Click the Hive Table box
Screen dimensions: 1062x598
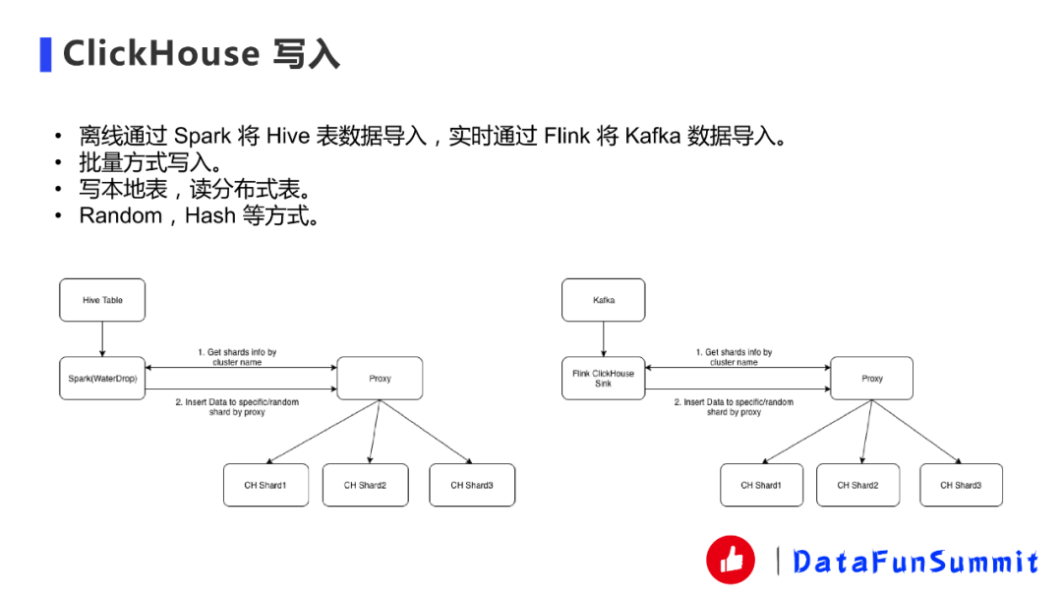pyautogui.click(x=102, y=300)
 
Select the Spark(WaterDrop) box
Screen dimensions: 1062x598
pyautogui.click(x=101, y=379)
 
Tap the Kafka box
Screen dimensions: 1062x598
pyautogui.click(x=604, y=300)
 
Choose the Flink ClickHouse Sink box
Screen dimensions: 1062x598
pyautogui.click(x=603, y=379)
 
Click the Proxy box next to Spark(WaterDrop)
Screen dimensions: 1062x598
pyautogui.click(x=380, y=379)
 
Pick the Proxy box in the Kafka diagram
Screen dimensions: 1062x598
pyautogui.click(x=871, y=379)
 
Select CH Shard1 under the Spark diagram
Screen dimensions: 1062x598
pyautogui.click(x=265, y=485)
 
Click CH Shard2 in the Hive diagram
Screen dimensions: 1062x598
pyautogui.click(x=365, y=485)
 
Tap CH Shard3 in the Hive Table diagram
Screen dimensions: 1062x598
pyautogui.click(x=472, y=485)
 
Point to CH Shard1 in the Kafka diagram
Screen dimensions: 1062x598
pyautogui.click(x=761, y=485)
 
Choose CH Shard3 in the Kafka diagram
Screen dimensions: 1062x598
pyautogui.click(x=961, y=485)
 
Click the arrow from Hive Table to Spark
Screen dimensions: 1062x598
pyautogui.click(x=102, y=339)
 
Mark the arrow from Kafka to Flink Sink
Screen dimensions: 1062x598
pyautogui.click(x=604, y=339)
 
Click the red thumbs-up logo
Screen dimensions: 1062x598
pyautogui.click(x=731, y=560)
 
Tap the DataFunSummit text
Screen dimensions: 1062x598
pyautogui.click(x=915, y=562)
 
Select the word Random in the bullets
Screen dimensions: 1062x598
pyautogui.click(x=120, y=216)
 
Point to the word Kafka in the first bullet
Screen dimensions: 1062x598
pyautogui.click(x=652, y=137)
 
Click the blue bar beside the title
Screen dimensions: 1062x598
pyautogui.click(x=45, y=54)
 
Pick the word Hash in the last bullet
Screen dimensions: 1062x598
pyautogui.click(x=209, y=216)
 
